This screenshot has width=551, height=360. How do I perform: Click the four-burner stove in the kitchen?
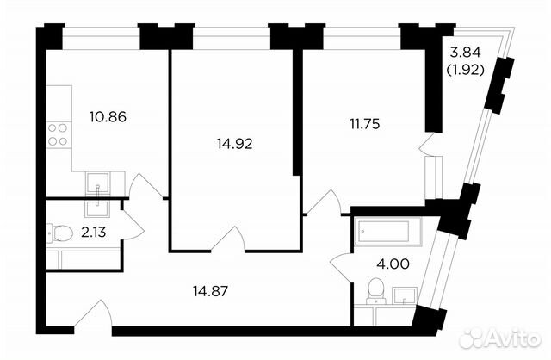58,136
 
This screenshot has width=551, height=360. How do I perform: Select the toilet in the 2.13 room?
59,231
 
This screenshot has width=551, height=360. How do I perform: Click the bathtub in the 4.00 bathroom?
387,229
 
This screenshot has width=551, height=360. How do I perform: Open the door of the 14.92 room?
230,239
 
